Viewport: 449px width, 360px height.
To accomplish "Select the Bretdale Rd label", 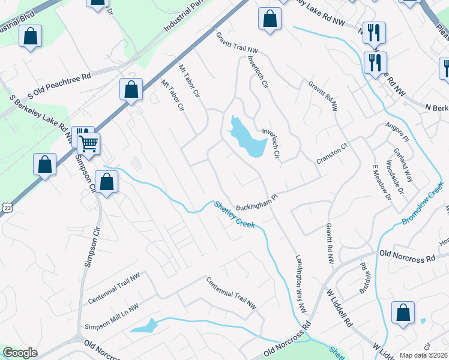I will click(x=364, y=273).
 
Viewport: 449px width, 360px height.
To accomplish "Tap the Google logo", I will click(x=20, y=353).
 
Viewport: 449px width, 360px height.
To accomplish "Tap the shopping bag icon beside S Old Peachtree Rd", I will click(x=131, y=90).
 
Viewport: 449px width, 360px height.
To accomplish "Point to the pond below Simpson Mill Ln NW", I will click(x=144, y=326).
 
